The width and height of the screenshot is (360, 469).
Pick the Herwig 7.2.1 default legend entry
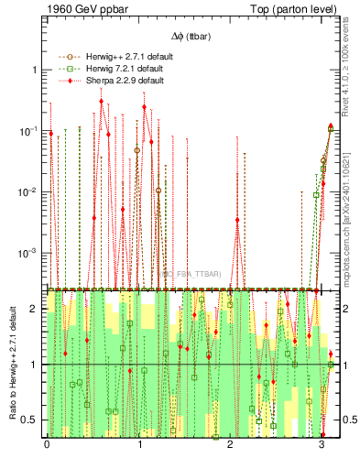click(x=123, y=69)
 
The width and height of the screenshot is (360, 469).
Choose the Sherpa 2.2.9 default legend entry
click(x=123, y=81)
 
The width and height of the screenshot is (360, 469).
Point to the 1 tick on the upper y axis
click(x=38, y=71)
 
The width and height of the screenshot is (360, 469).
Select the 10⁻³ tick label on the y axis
click(x=32, y=253)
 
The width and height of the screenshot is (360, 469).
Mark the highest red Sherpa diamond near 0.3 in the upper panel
click(x=101, y=102)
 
